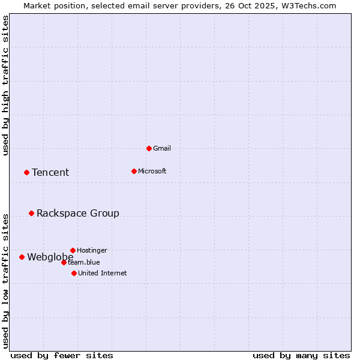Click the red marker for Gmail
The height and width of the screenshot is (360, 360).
click(149, 148)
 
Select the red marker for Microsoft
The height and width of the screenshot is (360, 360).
click(134, 171)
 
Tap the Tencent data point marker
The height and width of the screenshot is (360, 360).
click(26, 172)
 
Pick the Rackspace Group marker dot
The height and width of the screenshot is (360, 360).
click(31, 213)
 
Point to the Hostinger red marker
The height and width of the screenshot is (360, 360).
click(73, 250)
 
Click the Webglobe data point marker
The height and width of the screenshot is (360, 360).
click(22, 257)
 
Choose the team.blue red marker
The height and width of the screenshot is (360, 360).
click(64, 262)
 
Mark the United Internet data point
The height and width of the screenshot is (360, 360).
click(74, 273)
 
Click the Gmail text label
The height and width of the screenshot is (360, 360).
click(162, 148)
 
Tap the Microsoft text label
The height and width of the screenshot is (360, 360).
click(152, 171)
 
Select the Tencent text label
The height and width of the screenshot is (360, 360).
click(50, 173)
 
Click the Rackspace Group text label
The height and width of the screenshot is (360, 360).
click(78, 214)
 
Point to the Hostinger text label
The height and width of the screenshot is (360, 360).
click(92, 250)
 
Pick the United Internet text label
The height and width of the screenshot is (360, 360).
click(103, 273)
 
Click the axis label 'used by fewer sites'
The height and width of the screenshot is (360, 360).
click(62, 355)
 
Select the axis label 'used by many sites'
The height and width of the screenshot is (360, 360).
click(301, 355)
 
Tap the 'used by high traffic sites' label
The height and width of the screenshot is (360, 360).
click(6, 85)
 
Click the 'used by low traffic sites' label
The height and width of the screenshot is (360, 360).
click(6, 280)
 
